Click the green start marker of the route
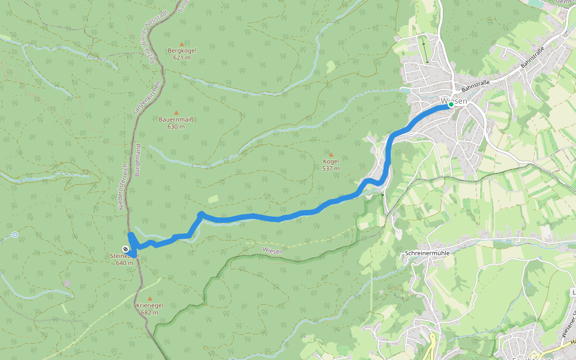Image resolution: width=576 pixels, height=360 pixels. coord(451,104)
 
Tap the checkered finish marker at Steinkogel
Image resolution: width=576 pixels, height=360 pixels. coord(125,248)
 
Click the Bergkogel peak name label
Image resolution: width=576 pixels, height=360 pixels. coord(181,51)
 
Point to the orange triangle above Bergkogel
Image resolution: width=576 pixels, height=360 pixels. coord(181,44)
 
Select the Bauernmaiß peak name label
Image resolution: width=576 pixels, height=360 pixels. coord(176,119)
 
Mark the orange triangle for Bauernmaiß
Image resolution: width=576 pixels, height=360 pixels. coord(176,112)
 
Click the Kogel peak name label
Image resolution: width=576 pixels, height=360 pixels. coord(331,162)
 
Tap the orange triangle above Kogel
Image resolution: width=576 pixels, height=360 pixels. coord(331,155)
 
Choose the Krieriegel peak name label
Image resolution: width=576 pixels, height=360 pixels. coord(149,305)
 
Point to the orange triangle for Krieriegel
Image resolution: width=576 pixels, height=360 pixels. coord(149,298)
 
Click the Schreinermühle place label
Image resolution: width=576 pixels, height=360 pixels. coord(427,253)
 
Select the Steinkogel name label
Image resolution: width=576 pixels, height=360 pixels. coord(125,256)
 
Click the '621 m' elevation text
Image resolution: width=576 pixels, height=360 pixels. coord(181,58)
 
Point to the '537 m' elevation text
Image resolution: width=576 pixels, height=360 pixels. coord(331,169)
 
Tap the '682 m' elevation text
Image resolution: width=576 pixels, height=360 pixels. coord(149,313)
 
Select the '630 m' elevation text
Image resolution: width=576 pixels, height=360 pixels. coord(176,127)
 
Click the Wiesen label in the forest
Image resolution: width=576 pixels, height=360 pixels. coord(273,250)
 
